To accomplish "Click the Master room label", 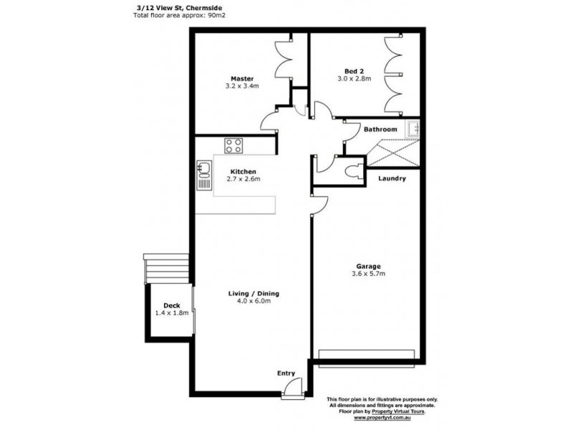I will coord(242,78).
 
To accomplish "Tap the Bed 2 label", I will coord(354,70).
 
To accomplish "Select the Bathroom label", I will coord(380,129).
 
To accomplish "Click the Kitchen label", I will coord(244,171).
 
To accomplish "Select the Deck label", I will coord(170,305).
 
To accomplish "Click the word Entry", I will coord(286,373).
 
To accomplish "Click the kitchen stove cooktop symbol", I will coord(233,145).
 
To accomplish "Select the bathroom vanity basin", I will coord(413,129).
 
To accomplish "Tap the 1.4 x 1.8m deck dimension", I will coord(170,313).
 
